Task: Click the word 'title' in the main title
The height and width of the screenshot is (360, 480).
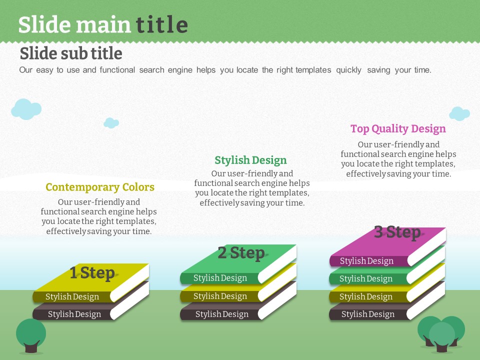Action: pyautogui.click(x=161, y=24)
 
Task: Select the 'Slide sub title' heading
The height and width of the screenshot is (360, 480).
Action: pyautogui.click(x=71, y=53)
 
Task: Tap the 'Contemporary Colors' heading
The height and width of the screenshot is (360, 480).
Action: pyautogui.click(x=100, y=187)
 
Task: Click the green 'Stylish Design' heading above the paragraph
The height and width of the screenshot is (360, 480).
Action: pyautogui.click(x=250, y=160)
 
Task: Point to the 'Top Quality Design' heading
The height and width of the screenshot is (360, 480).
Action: pyautogui.click(x=398, y=129)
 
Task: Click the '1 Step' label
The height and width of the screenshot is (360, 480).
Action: pyautogui.click(x=92, y=273)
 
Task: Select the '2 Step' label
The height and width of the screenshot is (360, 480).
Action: pyautogui.click(x=241, y=253)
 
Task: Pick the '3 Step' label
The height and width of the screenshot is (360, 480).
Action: pyautogui.click(x=397, y=232)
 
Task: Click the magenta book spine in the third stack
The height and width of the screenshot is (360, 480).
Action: pyautogui.click(x=369, y=261)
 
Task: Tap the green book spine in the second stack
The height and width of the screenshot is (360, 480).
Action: pyautogui.click(x=220, y=278)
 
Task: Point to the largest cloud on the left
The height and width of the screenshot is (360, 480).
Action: pyautogui.click(x=26, y=109)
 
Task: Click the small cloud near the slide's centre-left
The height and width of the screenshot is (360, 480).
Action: pyautogui.click(x=111, y=123)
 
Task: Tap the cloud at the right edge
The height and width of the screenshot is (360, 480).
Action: pyautogui.click(x=459, y=113)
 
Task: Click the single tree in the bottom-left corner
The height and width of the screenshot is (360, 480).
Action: pyautogui.click(x=31, y=336)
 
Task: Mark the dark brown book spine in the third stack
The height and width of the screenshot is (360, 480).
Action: pyautogui.click(x=369, y=314)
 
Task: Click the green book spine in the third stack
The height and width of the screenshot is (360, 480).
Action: pyautogui.click(x=369, y=278)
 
